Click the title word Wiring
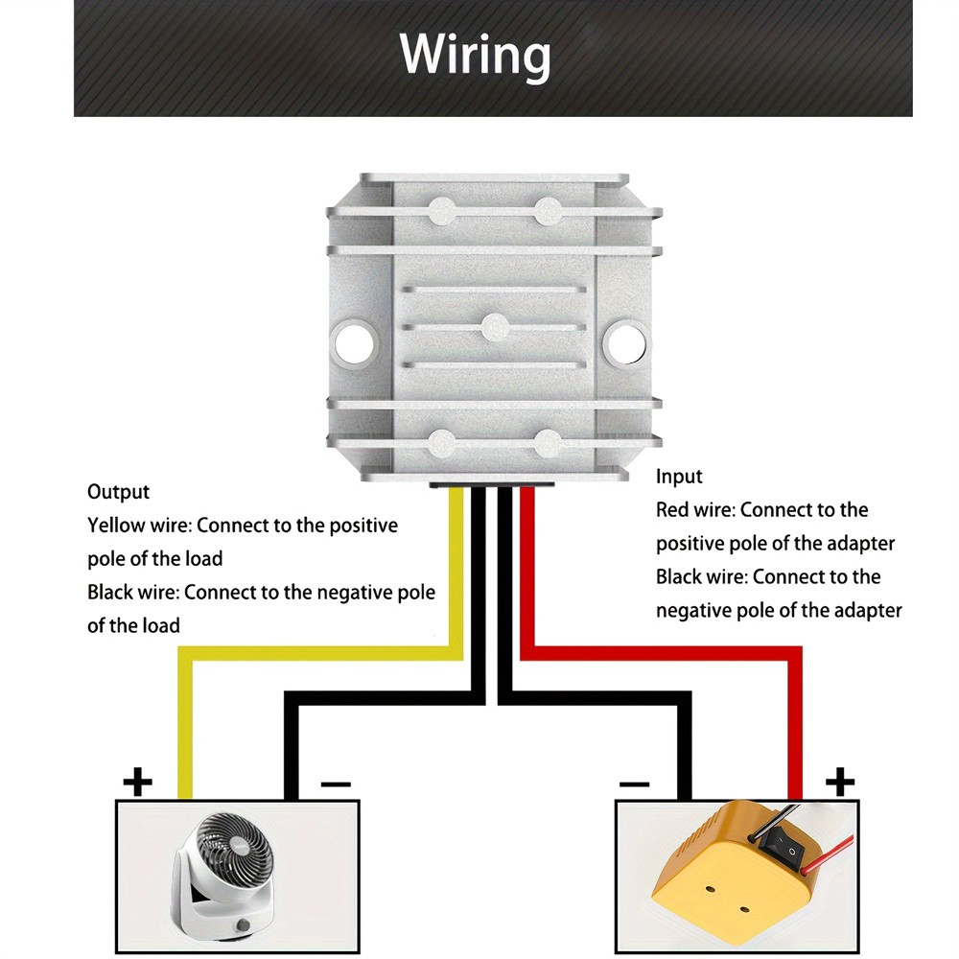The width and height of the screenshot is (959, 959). coord(475,55)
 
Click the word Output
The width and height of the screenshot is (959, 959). coord(118,492)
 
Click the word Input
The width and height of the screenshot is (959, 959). coord(679,477)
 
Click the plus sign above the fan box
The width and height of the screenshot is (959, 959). coord(137,783)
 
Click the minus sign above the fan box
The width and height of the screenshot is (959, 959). coord(336,784)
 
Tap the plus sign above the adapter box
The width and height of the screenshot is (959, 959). coord(839,783)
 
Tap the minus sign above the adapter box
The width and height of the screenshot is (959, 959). coord(634,784)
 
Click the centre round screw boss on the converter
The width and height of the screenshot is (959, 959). coord(493,326)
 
